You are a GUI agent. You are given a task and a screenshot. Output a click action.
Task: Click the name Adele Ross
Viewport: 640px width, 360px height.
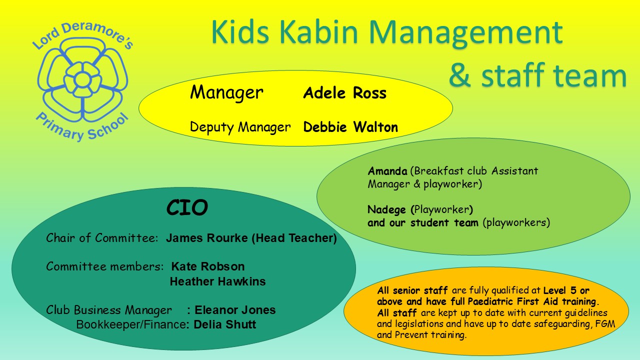click(x=345, y=93)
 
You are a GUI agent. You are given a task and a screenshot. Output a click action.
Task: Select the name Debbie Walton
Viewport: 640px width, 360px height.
click(x=350, y=127)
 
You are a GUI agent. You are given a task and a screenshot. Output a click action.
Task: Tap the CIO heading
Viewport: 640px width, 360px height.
click(x=187, y=207)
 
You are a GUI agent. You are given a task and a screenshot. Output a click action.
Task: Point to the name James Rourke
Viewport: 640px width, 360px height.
click(x=207, y=238)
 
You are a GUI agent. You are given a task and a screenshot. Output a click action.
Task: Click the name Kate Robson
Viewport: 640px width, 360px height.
click(x=208, y=266)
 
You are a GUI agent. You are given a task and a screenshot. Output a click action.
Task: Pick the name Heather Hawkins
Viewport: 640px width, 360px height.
click(x=217, y=281)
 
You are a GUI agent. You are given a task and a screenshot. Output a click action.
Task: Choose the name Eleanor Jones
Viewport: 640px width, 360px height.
click(x=235, y=310)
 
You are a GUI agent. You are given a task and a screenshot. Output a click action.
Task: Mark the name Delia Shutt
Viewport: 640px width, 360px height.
click(x=225, y=324)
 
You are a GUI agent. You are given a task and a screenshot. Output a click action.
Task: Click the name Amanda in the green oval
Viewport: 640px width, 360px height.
click(x=387, y=171)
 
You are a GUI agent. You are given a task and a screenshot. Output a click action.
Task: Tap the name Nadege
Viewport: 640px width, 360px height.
click(x=386, y=210)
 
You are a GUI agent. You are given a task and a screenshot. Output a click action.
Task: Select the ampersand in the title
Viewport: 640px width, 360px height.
click(x=459, y=75)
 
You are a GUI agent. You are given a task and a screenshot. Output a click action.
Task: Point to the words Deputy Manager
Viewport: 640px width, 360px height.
click(x=240, y=127)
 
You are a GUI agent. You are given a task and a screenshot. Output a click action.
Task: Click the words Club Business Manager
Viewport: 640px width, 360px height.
click(x=109, y=310)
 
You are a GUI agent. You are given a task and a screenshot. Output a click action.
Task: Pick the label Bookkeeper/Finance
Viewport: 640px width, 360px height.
click(x=131, y=324)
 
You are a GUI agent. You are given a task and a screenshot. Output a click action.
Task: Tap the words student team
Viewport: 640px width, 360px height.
click(x=444, y=223)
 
